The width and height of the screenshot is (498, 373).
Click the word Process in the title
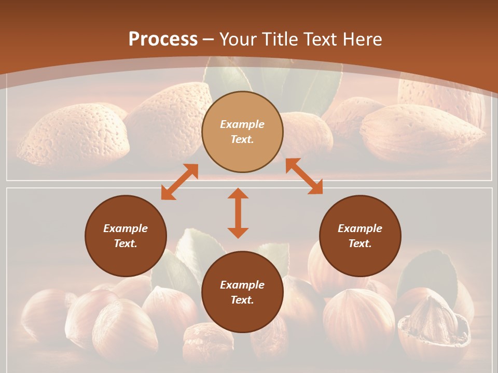point(163,39)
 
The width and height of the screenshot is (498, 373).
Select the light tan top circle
point(242,132)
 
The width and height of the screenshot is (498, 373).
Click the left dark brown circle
point(126,236)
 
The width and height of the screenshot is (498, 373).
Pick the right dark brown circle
point(360,236)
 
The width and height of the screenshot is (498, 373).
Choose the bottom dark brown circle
point(242,292)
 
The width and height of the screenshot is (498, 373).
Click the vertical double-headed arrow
point(238,213)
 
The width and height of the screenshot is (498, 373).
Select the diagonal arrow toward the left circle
point(179,182)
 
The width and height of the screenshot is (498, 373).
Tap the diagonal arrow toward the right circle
point(304,176)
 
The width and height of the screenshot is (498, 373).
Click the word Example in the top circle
point(242,124)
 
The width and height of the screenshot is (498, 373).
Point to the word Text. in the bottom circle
point(242,300)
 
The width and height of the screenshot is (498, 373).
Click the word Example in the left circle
point(126,228)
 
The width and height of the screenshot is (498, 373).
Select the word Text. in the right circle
point(360,243)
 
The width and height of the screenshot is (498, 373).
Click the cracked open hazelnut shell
point(433,319)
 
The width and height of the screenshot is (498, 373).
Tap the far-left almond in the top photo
point(73,135)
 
